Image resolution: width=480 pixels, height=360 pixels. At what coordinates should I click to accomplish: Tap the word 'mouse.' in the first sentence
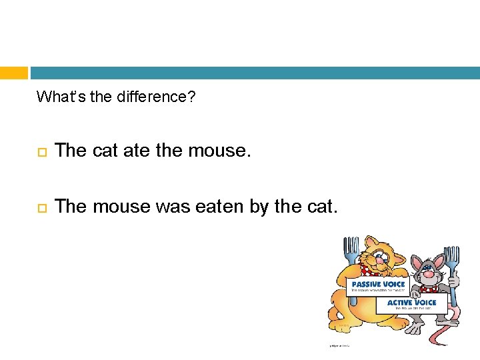pyautogui.click(x=217, y=151)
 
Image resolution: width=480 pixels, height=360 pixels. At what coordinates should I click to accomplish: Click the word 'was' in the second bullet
pyautogui.click(x=172, y=207)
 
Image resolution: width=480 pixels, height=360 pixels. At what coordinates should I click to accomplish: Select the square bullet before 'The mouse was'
pyautogui.click(x=41, y=208)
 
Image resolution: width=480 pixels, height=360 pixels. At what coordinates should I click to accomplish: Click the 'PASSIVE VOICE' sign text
pyautogui.click(x=379, y=285)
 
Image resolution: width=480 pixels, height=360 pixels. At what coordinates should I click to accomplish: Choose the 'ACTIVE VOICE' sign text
pyautogui.click(x=411, y=303)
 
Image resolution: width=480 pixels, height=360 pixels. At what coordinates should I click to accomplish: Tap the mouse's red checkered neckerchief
pyautogui.click(x=428, y=289)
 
